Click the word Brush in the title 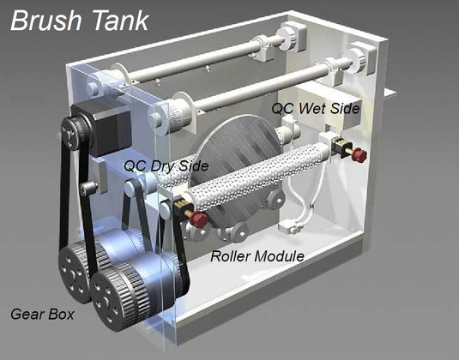[46, 21]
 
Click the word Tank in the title [121, 21]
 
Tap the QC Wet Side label [315, 109]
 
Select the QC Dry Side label [166, 166]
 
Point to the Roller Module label [257, 256]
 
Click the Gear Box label [42, 314]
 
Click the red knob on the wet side [359, 155]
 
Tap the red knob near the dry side [198, 219]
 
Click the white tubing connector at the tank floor [291, 227]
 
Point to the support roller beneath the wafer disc [234, 232]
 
